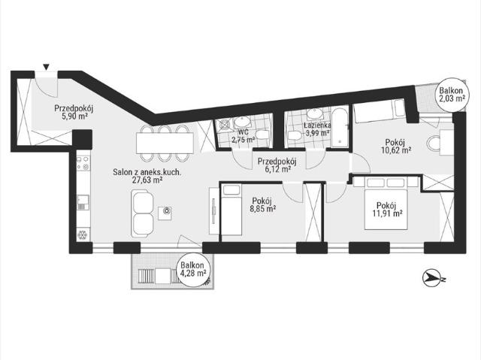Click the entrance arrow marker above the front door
(x=46, y=67)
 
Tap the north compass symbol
(x=432, y=278)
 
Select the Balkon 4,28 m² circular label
(x=192, y=270)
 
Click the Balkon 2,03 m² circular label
(x=451, y=95)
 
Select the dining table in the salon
(x=165, y=143)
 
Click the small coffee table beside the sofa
(x=165, y=213)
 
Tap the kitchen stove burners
(x=83, y=163)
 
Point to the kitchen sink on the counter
(x=83, y=202)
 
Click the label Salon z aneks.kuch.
(x=147, y=172)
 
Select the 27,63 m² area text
(x=147, y=180)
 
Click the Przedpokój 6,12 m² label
(x=274, y=165)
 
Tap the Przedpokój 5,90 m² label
(x=74, y=112)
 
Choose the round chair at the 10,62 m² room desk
(x=433, y=144)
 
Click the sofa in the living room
(x=142, y=213)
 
